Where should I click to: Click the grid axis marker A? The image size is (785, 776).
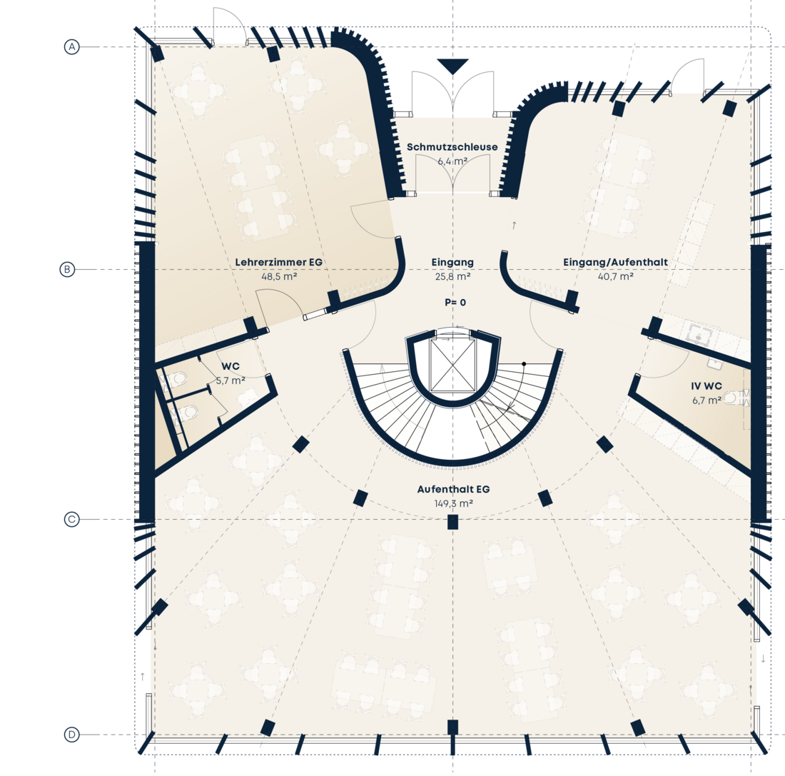(x=71, y=47)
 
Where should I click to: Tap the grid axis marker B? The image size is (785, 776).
(x=66, y=270)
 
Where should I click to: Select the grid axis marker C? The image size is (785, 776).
(x=71, y=520)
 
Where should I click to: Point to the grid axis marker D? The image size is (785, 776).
(x=71, y=735)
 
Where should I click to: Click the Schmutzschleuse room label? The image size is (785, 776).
(x=452, y=147)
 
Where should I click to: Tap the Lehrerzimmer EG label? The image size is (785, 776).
(x=279, y=262)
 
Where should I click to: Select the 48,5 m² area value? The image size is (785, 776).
(x=279, y=276)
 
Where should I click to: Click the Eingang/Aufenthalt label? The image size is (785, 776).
(x=615, y=262)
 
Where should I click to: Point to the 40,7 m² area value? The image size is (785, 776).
(x=616, y=276)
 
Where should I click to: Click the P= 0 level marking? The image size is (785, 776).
(x=455, y=302)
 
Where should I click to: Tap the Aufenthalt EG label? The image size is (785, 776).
(x=453, y=489)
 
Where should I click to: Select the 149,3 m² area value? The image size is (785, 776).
(x=454, y=503)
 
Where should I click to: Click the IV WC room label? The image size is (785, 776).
(x=706, y=386)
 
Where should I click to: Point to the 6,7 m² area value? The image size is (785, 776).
(x=706, y=400)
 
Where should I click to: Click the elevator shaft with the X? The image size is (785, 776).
(x=452, y=364)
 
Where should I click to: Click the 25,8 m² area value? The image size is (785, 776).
(x=452, y=276)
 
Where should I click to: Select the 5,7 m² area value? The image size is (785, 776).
(x=231, y=381)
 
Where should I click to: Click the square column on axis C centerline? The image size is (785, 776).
(x=452, y=522)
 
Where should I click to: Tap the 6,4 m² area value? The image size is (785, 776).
(x=452, y=161)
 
